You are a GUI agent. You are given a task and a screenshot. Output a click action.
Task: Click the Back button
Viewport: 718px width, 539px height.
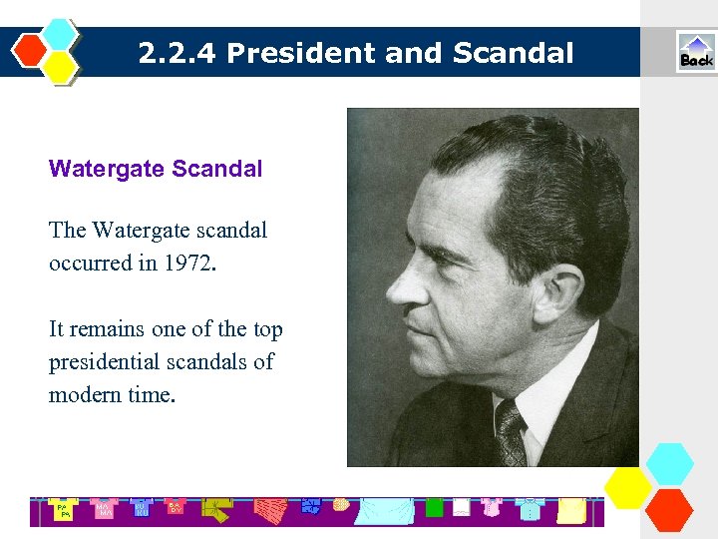tap(696, 52)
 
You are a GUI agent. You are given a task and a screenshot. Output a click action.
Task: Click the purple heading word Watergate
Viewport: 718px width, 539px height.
tap(107, 169)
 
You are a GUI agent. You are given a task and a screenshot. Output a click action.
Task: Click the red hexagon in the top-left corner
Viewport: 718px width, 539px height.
tap(31, 49)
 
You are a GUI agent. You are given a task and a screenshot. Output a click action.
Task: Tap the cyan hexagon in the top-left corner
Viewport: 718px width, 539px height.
tap(61, 33)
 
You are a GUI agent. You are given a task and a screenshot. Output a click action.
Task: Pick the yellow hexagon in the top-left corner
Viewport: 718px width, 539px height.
tap(61, 66)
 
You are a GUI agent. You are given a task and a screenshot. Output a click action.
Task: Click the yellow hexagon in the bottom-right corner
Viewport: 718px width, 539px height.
tap(628, 486)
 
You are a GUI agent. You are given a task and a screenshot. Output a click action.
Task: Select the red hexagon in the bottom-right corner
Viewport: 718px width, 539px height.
tap(669, 508)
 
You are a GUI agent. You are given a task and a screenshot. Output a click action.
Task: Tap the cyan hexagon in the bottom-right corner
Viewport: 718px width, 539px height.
tap(669, 464)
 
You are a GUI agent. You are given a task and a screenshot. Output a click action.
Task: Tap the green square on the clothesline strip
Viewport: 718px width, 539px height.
tap(434, 507)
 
